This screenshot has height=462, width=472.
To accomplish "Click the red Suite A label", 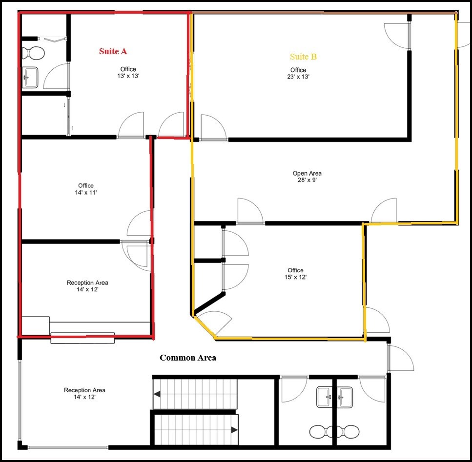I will [x=113, y=51].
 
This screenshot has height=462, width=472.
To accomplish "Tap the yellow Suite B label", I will [x=303, y=57].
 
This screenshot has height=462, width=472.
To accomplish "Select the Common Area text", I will [x=188, y=358].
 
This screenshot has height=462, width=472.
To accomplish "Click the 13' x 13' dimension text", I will [x=128, y=76].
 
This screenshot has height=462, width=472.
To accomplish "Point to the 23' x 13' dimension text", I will [x=298, y=77].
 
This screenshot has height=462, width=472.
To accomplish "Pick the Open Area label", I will [x=307, y=173].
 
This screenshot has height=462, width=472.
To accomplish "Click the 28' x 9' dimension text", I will [x=307, y=180].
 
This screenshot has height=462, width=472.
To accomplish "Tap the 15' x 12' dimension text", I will [x=295, y=277].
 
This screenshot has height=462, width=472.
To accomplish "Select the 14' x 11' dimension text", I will [x=86, y=193].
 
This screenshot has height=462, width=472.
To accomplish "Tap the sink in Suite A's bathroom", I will [x=30, y=77].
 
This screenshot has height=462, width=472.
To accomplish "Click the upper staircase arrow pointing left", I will [x=158, y=394].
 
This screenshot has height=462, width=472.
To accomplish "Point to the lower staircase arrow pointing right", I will [x=234, y=430].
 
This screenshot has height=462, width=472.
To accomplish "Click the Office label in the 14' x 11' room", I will [x=86, y=186].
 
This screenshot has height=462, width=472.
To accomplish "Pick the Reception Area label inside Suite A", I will [x=87, y=282].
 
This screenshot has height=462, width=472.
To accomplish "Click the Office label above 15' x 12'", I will [x=295, y=270].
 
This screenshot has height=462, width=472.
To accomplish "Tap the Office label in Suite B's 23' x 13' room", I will [x=298, y=70].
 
